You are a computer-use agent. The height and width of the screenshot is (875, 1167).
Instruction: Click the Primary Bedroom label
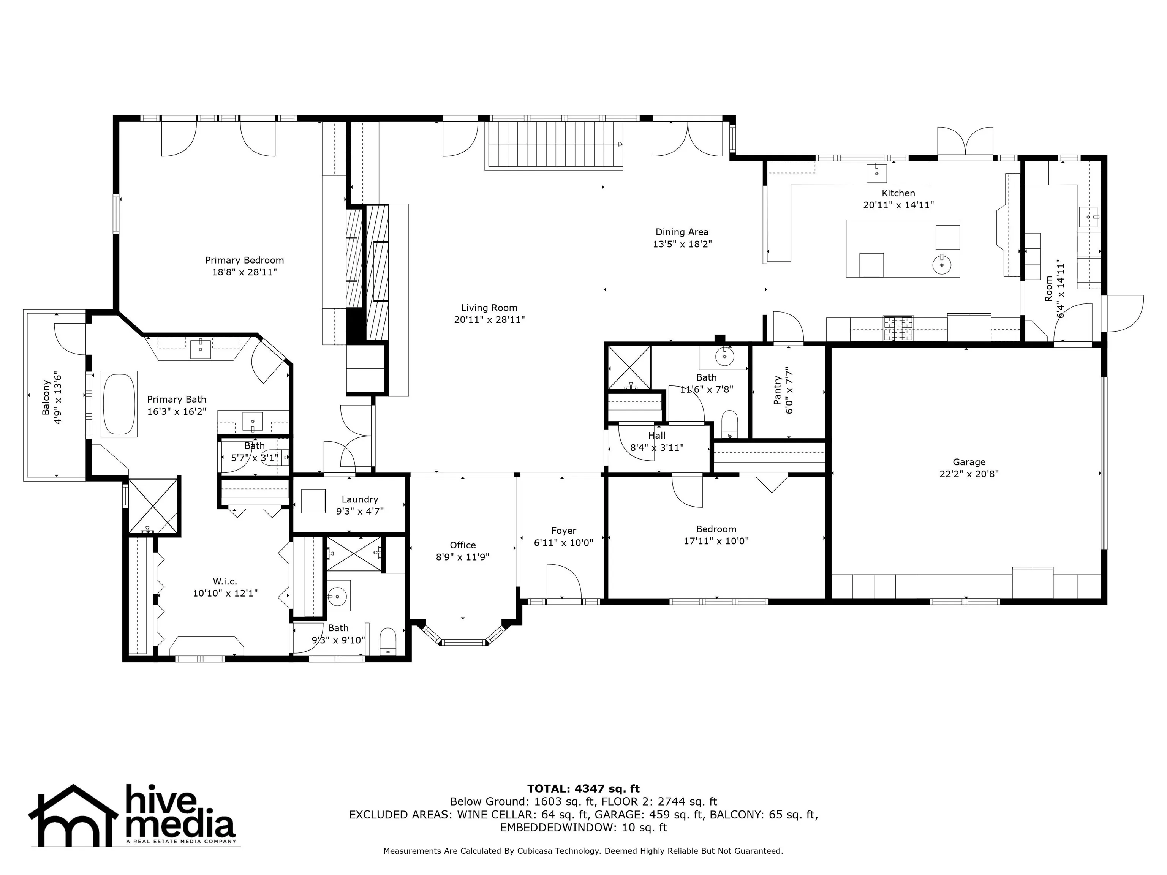244,260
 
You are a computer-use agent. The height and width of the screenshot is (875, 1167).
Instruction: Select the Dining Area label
682,232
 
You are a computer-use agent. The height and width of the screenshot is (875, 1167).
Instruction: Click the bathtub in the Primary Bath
119,404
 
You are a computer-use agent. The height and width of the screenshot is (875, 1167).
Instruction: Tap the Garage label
969,462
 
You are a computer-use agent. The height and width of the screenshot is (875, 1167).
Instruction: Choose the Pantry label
777,390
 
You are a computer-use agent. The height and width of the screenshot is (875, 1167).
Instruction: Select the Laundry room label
360,499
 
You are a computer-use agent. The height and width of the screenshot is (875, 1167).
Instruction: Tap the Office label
463,545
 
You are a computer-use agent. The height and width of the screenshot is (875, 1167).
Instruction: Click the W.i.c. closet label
225,581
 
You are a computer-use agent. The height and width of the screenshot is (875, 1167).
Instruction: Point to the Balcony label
46,397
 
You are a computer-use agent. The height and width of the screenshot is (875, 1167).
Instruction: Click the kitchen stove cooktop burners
898,328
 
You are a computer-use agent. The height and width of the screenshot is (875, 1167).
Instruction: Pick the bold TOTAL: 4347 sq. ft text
583,788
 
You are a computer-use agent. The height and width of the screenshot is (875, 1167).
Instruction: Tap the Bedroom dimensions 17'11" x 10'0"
716,541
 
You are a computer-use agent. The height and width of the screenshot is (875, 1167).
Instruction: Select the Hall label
657,436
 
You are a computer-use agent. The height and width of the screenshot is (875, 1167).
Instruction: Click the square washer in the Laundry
313,501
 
